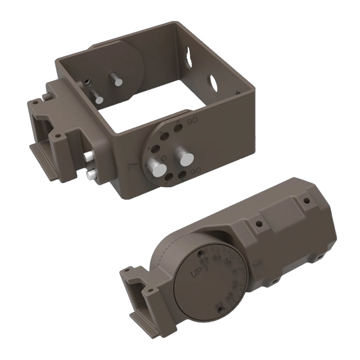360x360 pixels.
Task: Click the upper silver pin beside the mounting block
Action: pyautogui.click(x=88, y=156)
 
